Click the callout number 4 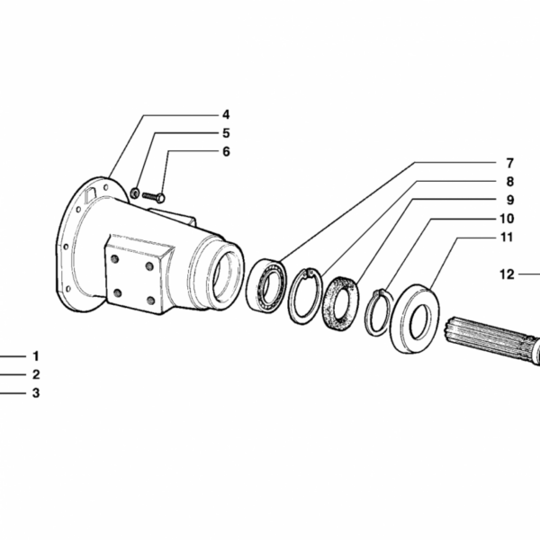(226, 114)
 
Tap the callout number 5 (226, 133)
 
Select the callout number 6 (226, 151)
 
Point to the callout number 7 (510, 163)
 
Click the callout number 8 (510, 182)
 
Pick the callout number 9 (510, 200)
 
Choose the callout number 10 (507, 219)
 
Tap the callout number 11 (507, 238)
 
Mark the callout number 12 (507, 274)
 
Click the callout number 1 (36, 356)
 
